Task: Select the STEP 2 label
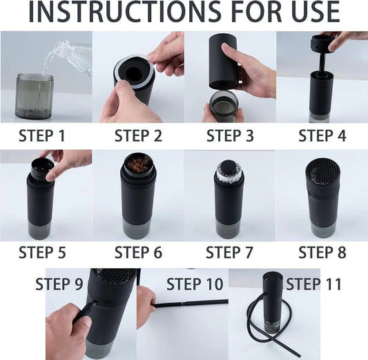(138, 135)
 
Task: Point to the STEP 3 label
(230, 135)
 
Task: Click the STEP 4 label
(322, 135)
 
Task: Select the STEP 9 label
(59, 283)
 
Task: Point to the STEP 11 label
(315, 283)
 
